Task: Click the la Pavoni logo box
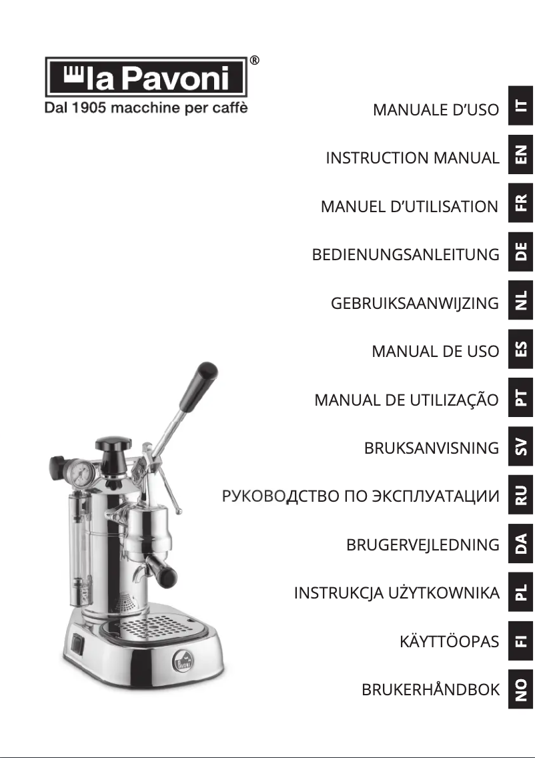146,77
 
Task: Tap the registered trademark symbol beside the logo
254,61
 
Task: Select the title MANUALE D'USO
436,109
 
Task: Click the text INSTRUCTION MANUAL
412,158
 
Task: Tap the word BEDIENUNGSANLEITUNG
406,255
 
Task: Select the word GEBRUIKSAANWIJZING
414,304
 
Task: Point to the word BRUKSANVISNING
431,448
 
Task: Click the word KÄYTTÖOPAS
449,642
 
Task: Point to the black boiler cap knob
112,443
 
